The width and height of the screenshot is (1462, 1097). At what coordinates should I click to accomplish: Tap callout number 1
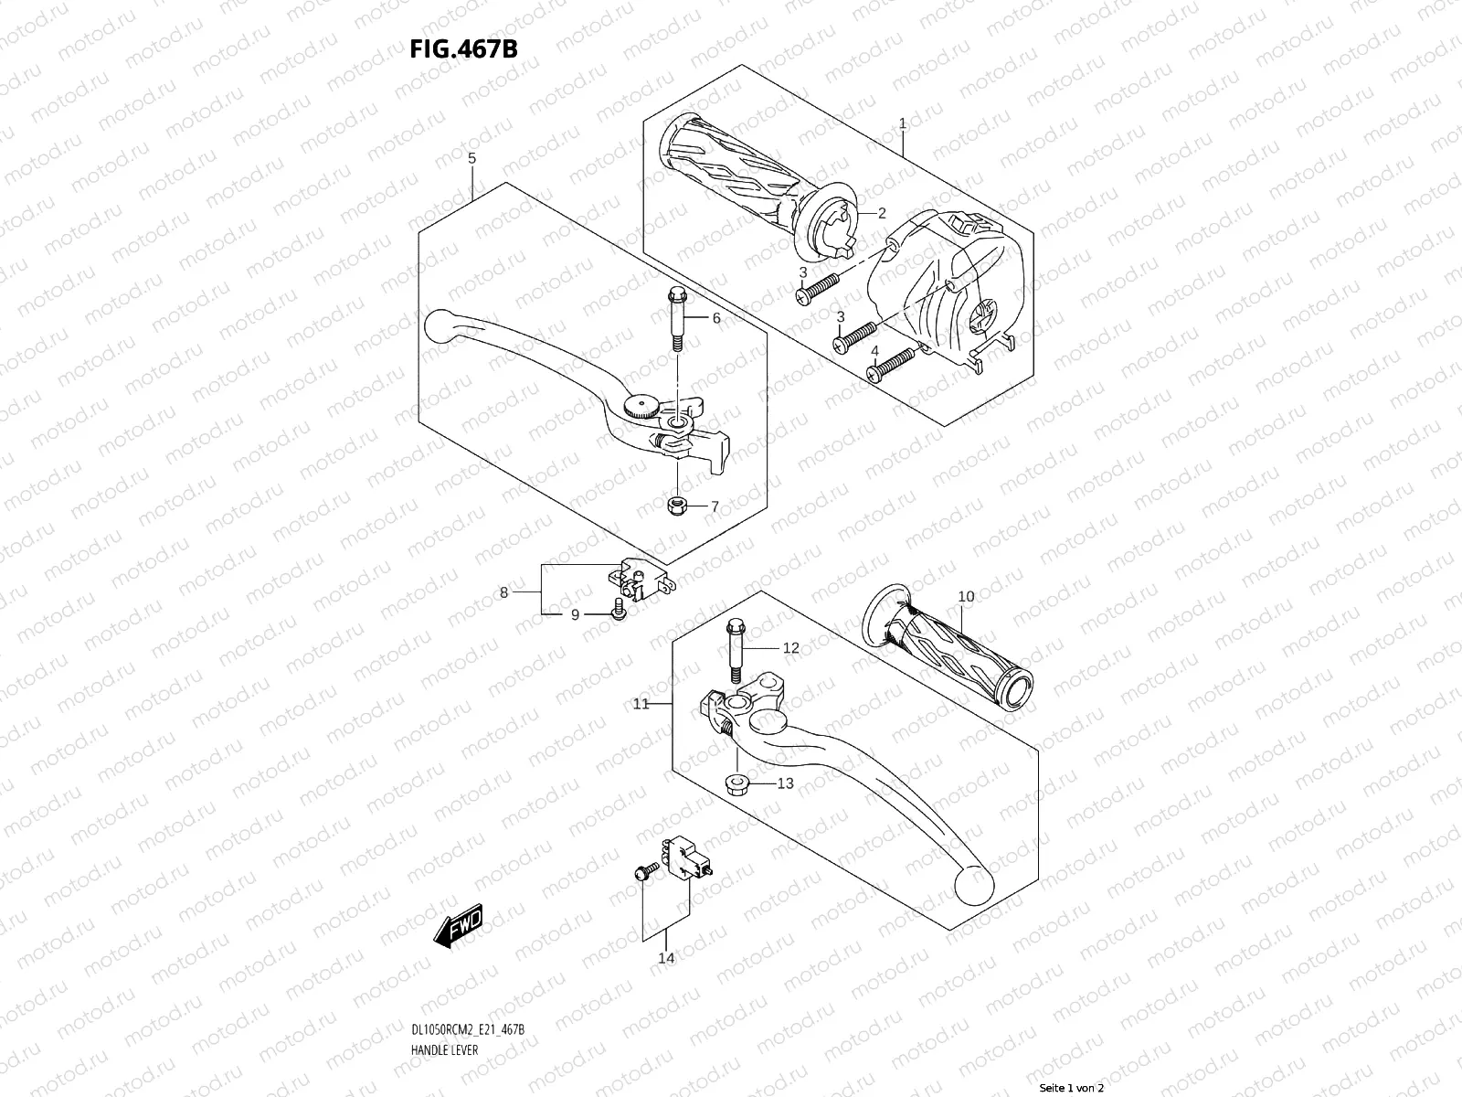click(x=902, y=122)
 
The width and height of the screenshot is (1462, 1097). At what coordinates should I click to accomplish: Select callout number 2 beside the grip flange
click(x=882, y=213)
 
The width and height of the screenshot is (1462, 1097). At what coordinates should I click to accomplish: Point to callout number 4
click(x=874, y=351)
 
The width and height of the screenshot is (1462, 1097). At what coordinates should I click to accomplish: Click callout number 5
click(x=471, y=159)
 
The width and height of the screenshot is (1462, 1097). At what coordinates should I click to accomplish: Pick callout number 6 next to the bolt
click(x=716, y=318)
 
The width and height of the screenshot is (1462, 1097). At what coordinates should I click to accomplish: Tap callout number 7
click(x=715, y=506)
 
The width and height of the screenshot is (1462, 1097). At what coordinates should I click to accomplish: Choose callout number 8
click(x=503, y=593)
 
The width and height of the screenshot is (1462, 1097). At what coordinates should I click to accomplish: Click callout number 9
click(x=575, y=615)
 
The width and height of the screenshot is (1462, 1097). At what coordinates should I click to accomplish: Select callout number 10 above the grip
click(x=966, y=597)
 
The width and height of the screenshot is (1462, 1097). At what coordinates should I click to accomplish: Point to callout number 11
click(x=641, y=704)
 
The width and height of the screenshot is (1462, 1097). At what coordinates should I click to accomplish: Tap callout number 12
click(x=790, y=648)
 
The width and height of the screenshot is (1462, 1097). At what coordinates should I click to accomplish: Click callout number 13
click(x=785, y=783)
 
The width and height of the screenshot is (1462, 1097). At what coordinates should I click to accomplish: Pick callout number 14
click(x=666, y=958)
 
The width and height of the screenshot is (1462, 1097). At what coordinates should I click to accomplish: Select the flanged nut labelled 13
click(x=735, y=783)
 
